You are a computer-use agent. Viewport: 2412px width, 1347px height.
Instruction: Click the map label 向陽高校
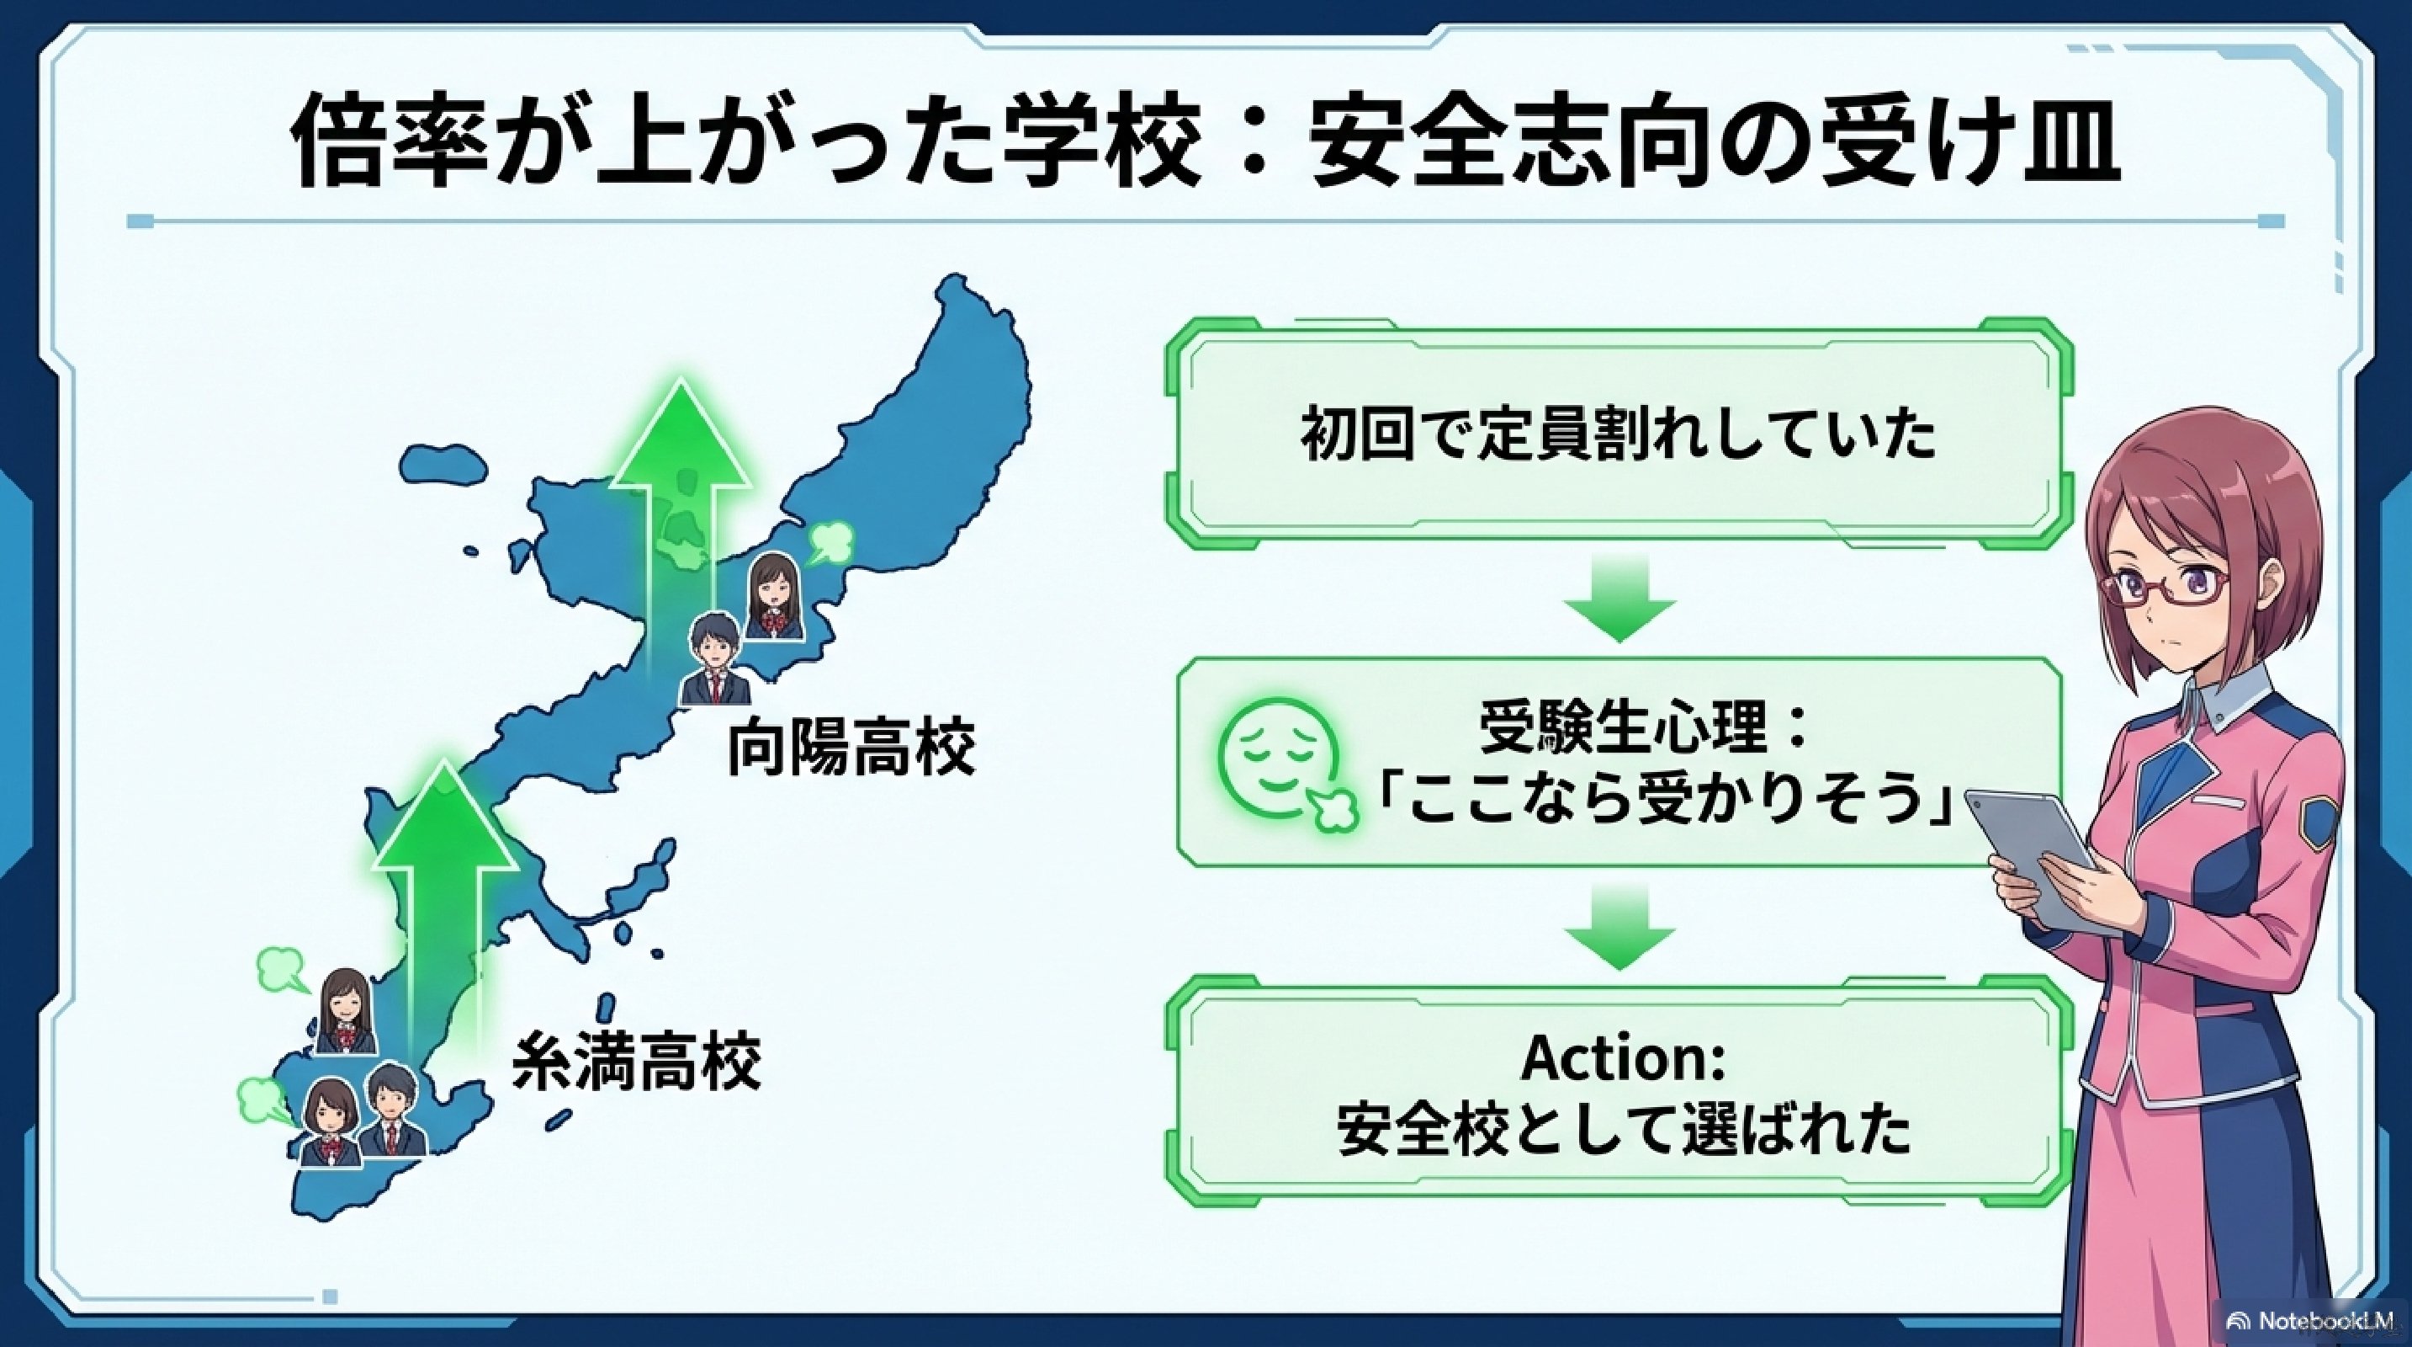coord(851,747)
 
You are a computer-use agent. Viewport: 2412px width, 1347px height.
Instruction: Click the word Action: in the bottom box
coord(1623,1058)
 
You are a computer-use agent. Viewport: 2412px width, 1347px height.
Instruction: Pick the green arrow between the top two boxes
coord(1619,597)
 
